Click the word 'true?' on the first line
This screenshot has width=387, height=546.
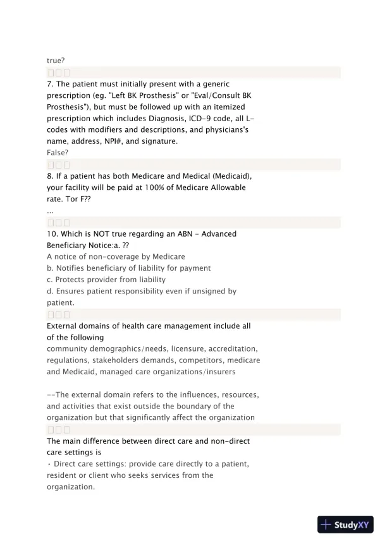click(56, 61)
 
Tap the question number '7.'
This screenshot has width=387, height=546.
click(51, 84)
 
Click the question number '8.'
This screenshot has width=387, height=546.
click(51, 176)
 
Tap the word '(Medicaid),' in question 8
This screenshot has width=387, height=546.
click(215, 176)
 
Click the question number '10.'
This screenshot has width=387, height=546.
click(53, 234)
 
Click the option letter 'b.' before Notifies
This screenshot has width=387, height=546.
click(51, 268)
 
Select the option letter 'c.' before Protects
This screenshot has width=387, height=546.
click(51, 280)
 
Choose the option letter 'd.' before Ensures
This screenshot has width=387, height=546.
click(51, 291)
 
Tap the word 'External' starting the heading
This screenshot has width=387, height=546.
click(63, 326)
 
